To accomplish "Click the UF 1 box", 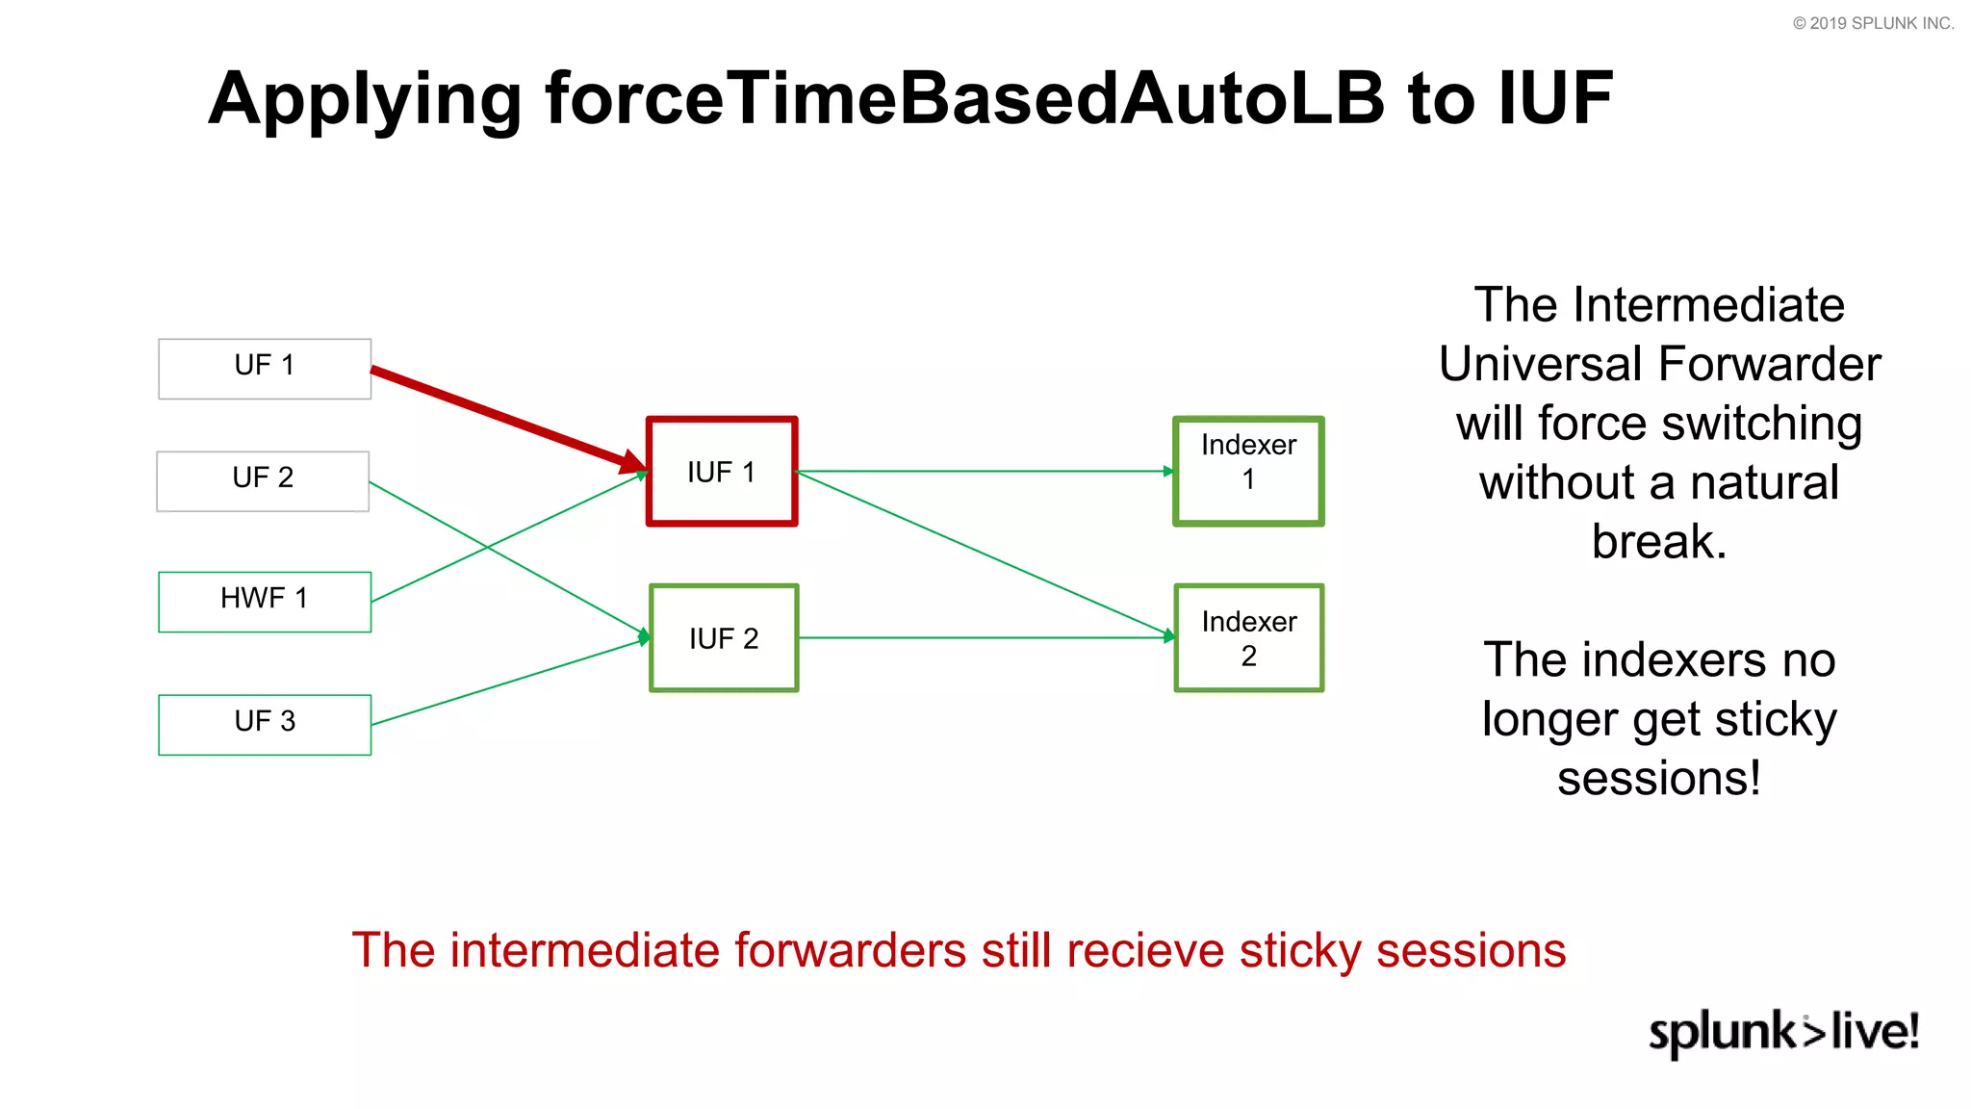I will (x=265, y=368).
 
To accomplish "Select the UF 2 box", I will (x=263, y=480).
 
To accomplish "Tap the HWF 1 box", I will (x=265, y=601).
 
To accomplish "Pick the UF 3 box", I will (x=265, y=724).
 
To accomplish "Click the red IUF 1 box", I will (x=722, y=472).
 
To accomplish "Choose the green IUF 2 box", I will (x=724, y=637).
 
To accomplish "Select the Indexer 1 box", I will (x=1248, y=471).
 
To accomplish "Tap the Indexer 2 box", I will (x=1248, y=637).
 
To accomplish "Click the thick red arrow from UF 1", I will (x=500, y=417).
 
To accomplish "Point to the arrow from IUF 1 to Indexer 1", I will (x=982, y=471).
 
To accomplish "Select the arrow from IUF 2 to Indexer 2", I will (x=982, y=637).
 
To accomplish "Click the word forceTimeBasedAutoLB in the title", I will (x=964, y=98).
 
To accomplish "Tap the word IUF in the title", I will (x=1554, y=98).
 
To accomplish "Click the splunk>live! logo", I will (x=1783, y=1032).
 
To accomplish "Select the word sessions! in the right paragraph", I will (x=1658, y=778).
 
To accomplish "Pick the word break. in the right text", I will (x=1658, y=541).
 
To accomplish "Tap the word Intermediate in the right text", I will (x=1709, y=305).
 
